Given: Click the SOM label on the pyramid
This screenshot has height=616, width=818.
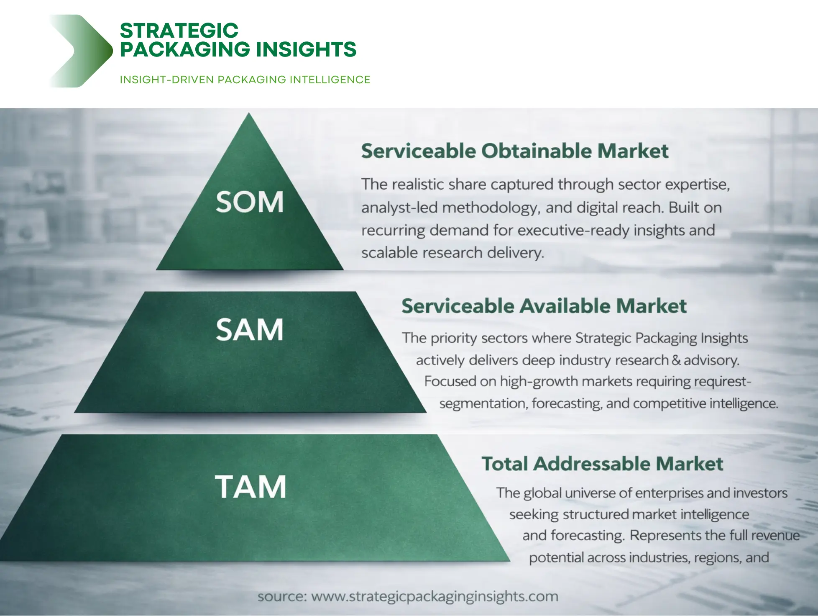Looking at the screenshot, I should (250, 202).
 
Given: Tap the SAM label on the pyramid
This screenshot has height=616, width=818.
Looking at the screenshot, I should (250, 330).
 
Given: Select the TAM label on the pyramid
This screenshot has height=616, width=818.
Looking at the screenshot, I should (251, 487).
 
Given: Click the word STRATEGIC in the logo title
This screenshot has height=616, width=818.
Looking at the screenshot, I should (179, 31).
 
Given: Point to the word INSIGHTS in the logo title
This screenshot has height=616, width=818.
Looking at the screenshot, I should (306, 49).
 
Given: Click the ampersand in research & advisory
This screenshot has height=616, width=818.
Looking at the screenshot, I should (676, 360).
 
